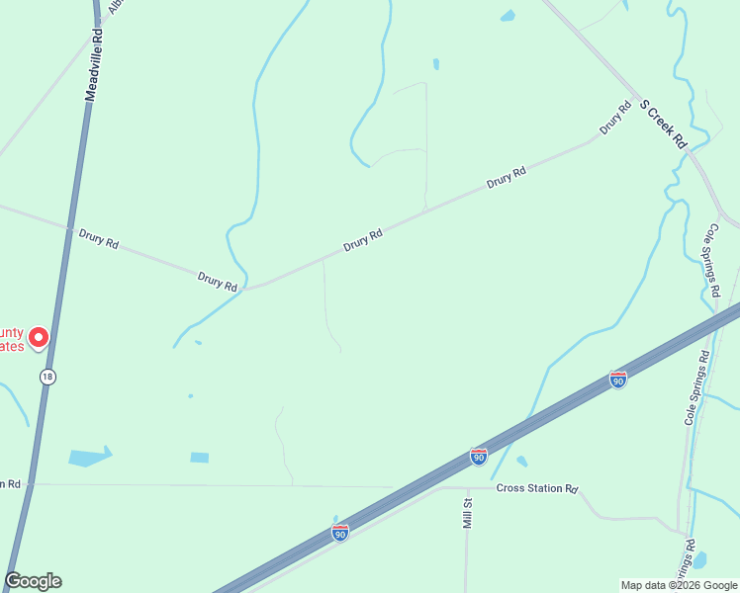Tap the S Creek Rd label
[663, 124]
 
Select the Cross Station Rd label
[537, 488]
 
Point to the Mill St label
[469, 513]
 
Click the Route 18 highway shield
[46, 377]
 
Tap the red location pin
[39, 338]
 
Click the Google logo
[33, 581]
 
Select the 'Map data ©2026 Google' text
[678, 585]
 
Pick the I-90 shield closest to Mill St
[479, 456]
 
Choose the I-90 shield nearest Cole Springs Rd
[618, 380]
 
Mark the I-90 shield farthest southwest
[339, 533]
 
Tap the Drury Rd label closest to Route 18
[98, 238]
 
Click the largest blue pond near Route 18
[89, 457]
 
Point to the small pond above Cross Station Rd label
[521, 462]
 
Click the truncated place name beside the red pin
[12, 339]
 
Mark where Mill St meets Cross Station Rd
[466, 487]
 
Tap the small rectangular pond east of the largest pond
[200, 458]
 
